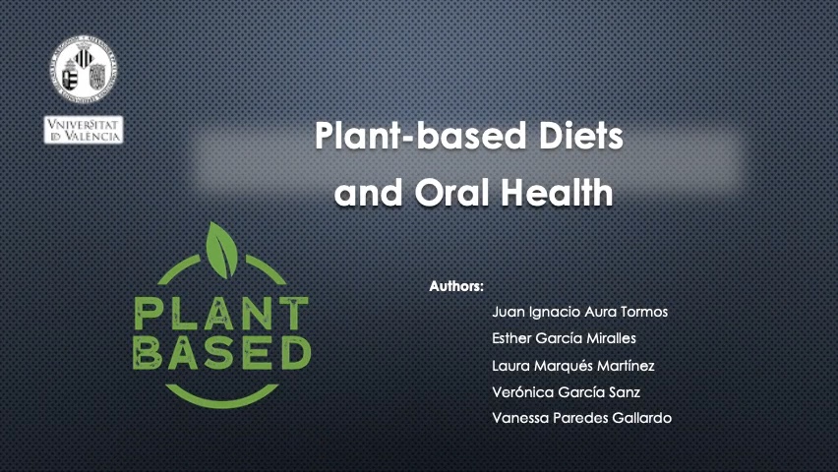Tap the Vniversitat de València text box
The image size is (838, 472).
(x=84, y=130)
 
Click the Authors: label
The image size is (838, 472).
(x=456, y=287)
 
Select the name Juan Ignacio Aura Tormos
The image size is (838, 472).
(x=579, y=313)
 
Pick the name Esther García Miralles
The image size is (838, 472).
(x=564, y=339)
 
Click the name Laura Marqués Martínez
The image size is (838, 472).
(x=572, y=366)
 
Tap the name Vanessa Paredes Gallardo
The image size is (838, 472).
(x=581, y=418)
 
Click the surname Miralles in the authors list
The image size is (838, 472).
(x=607, y=339)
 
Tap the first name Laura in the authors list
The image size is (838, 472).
(x=509, y=366)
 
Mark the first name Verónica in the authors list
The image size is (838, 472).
(x=519, y=392)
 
